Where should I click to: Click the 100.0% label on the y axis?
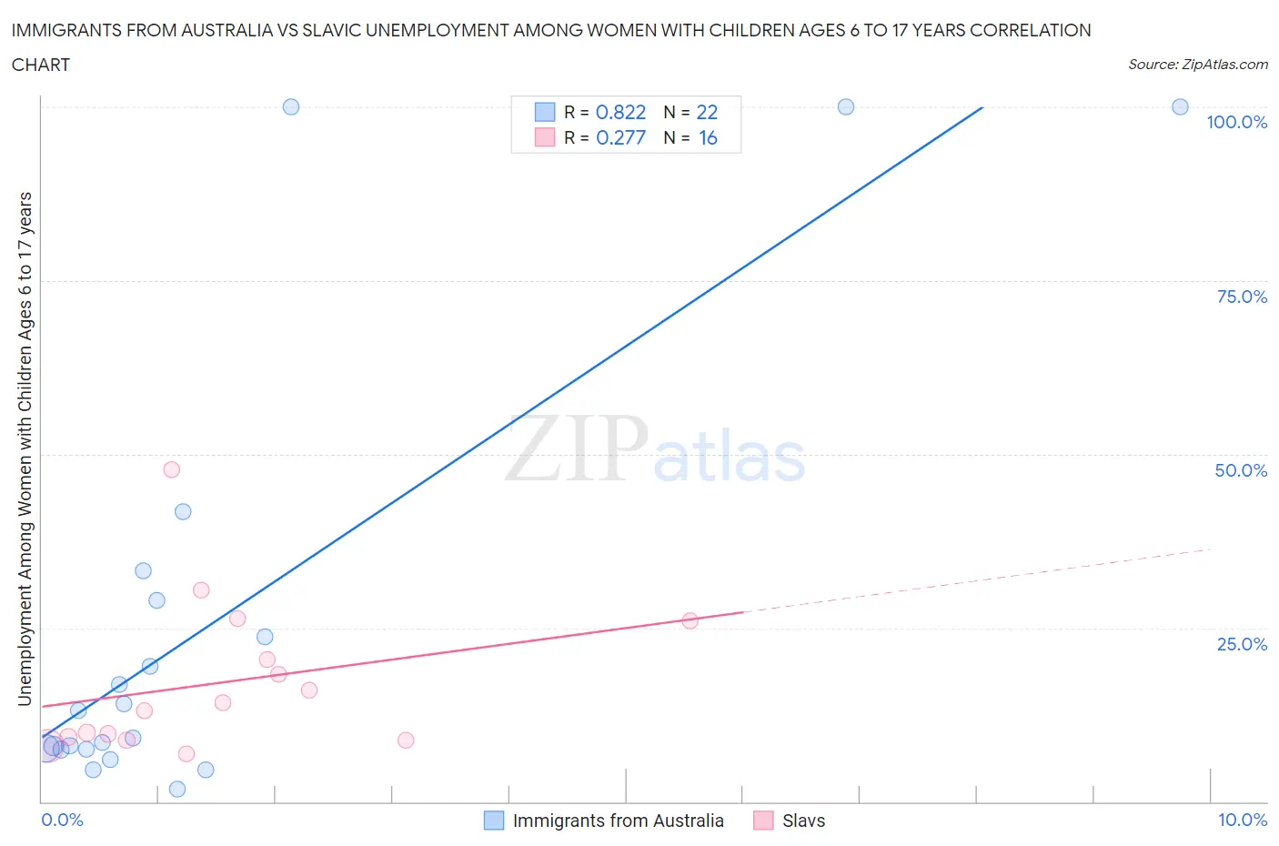[x=1236, y=122]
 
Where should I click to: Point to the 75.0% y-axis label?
[x=1242, y=297]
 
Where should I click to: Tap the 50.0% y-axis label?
[x=1241, y=470]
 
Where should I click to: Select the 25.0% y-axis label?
[x=1242, y=644]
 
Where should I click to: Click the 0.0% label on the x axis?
[x=62, y=820]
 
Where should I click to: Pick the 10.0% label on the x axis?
[x=1242, y=820]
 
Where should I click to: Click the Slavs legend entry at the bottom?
[x=803, y=821]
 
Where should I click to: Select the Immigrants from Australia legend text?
[x=618, y=821]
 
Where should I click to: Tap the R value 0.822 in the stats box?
[x=620, y=112]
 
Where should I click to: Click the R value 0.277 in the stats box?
[x=620, y=137]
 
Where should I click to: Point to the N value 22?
[x=707, y=112]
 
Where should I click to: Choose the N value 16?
[x=708, y=137]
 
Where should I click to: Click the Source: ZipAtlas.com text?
[x=1197, y=65]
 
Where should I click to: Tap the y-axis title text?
[x=25, y=448]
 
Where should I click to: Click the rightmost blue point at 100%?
[x=1180, y=106]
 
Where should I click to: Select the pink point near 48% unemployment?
[x=171, y=469]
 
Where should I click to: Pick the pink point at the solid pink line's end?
[x=690, y=620]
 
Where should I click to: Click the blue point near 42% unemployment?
[x=183, y=511]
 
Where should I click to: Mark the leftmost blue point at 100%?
[x=291, y=106]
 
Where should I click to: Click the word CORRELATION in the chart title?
[x=1031, y=30]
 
